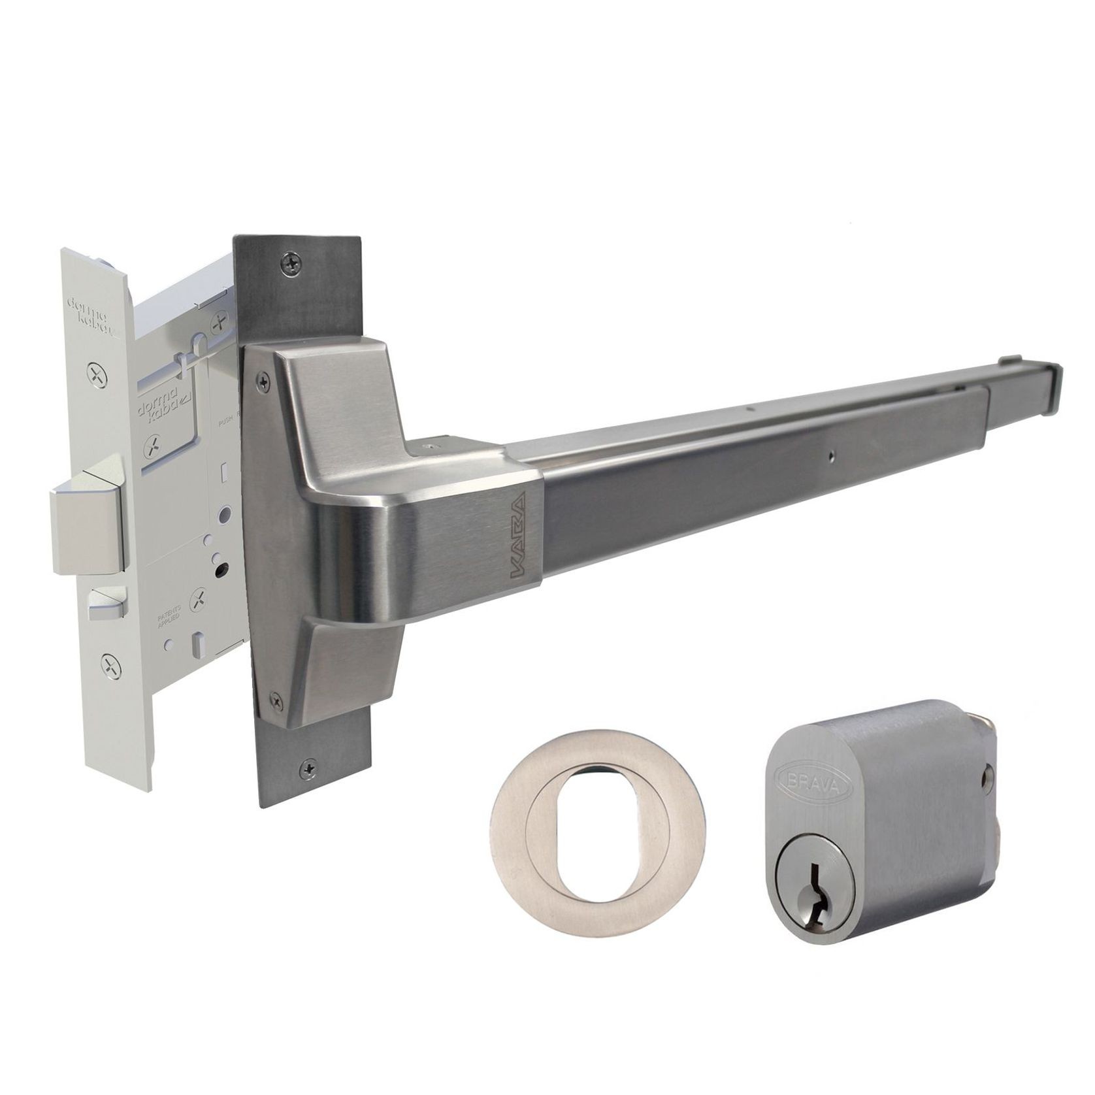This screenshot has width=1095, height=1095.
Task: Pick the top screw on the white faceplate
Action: point(97,374)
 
